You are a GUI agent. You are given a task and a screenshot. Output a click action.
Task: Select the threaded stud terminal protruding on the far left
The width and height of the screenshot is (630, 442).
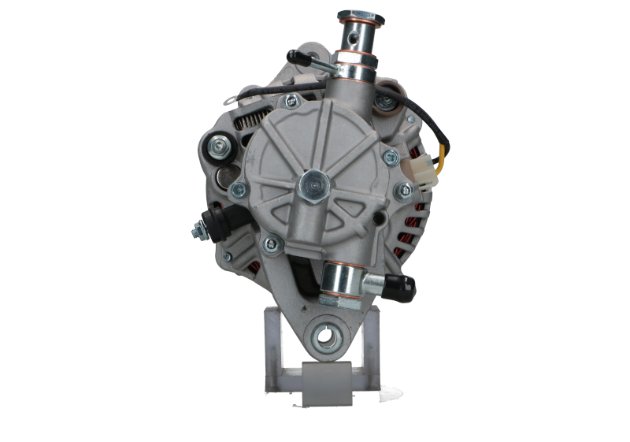click(x=195, y=229)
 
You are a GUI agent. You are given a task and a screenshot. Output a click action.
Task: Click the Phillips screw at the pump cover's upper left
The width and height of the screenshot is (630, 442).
click(x=292, y=100)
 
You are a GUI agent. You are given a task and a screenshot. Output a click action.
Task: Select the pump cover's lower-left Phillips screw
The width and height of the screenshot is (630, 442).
click(x=270, y=243)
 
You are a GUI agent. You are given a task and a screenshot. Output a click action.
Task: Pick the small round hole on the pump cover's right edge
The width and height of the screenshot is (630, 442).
click(x=380, y=218)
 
